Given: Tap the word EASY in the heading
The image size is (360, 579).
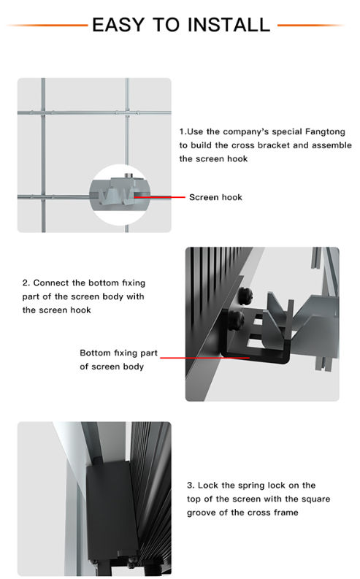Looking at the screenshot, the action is pos(118,25).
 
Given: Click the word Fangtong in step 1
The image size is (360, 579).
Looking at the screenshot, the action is pos(325,132).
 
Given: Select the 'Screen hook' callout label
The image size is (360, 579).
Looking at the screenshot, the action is pos(215,197).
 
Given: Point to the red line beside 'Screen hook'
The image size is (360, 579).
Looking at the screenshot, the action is pos(159,197).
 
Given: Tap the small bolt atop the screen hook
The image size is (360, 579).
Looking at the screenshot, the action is pos(128,176).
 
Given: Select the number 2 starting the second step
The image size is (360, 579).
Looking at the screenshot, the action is pos(26,283).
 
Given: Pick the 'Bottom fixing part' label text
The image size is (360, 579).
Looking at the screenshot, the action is pos(118,353).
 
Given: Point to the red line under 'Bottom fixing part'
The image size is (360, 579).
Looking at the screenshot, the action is pos(205,358).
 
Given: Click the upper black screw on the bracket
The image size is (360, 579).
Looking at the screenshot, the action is pos(245,295).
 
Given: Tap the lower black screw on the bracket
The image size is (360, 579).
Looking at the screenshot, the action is pos(236,319).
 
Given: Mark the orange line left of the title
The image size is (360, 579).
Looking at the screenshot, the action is pos(47,25).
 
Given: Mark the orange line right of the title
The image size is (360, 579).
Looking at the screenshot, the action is pos(311,25).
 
